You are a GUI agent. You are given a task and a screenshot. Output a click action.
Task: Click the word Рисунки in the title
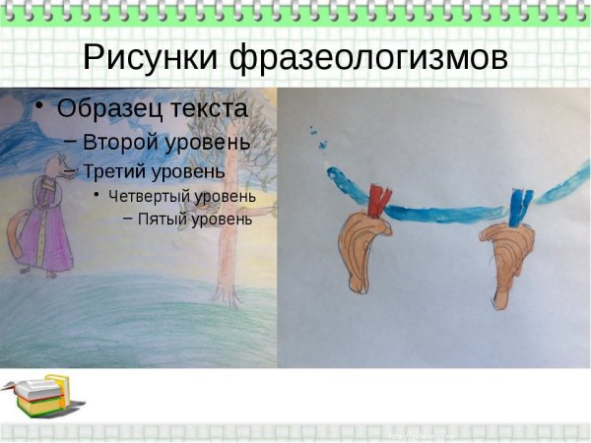point(152,58)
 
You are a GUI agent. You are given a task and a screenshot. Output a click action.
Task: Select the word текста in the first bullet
point(209,106)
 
